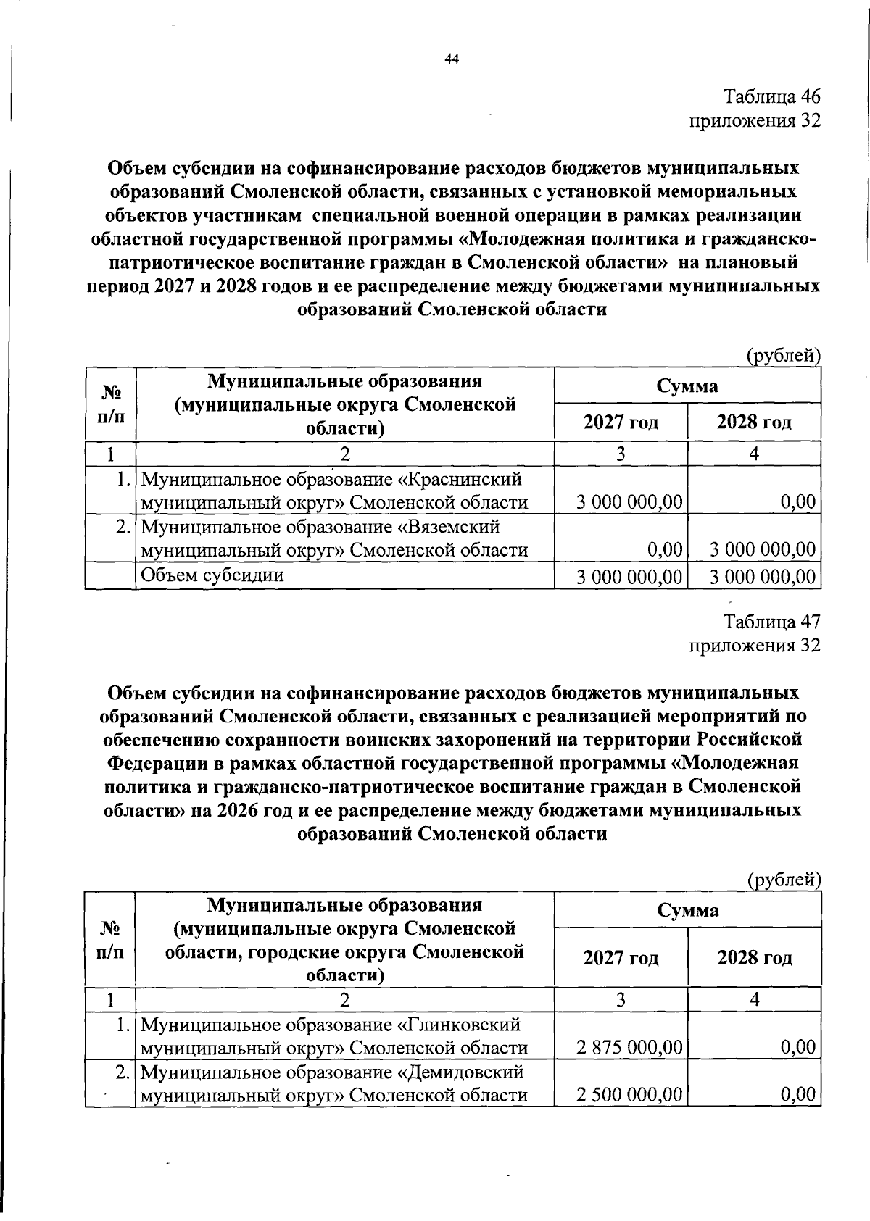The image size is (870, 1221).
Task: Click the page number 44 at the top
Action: tap(452, 60)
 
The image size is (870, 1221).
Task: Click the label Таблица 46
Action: tap(771, 96)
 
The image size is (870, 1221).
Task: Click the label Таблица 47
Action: tap(771, 621)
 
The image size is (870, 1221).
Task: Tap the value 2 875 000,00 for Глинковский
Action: tap(629, 1046)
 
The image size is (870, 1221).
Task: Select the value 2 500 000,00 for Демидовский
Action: tap(629, 1094)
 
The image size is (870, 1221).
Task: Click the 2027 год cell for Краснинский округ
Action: tap(629, 501)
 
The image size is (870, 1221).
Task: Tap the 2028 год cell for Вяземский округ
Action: tap(762, 549)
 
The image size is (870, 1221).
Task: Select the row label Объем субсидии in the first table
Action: tap(212, 575)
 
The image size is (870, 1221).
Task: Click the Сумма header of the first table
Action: tap(687, 386)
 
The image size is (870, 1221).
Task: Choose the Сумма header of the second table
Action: tap(687, 910)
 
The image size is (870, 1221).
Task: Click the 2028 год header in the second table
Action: tap(754, 958)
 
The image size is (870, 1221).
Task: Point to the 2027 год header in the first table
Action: tap(621, 422)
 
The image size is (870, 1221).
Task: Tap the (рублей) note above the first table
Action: tap(783, 356)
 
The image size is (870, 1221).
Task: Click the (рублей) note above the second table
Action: tap(783, 880)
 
